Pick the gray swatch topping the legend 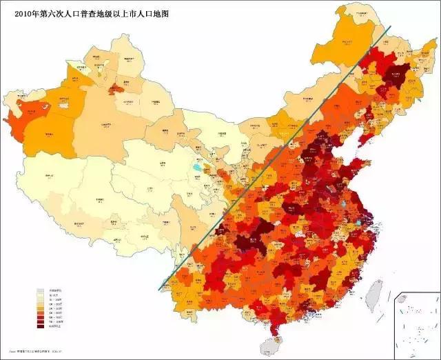pyautogui.click(x=41, y=292)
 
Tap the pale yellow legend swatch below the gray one pyautogui.click(x=41, y=297)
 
